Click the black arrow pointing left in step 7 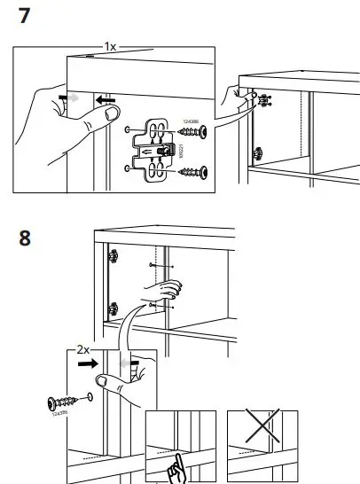[x=107, y=102]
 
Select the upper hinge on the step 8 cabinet [x=113, y=258]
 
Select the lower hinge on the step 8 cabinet [x=113, y=309]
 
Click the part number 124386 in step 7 [x=190, y=122]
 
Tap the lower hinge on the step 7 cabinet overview [x=258, y=154]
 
